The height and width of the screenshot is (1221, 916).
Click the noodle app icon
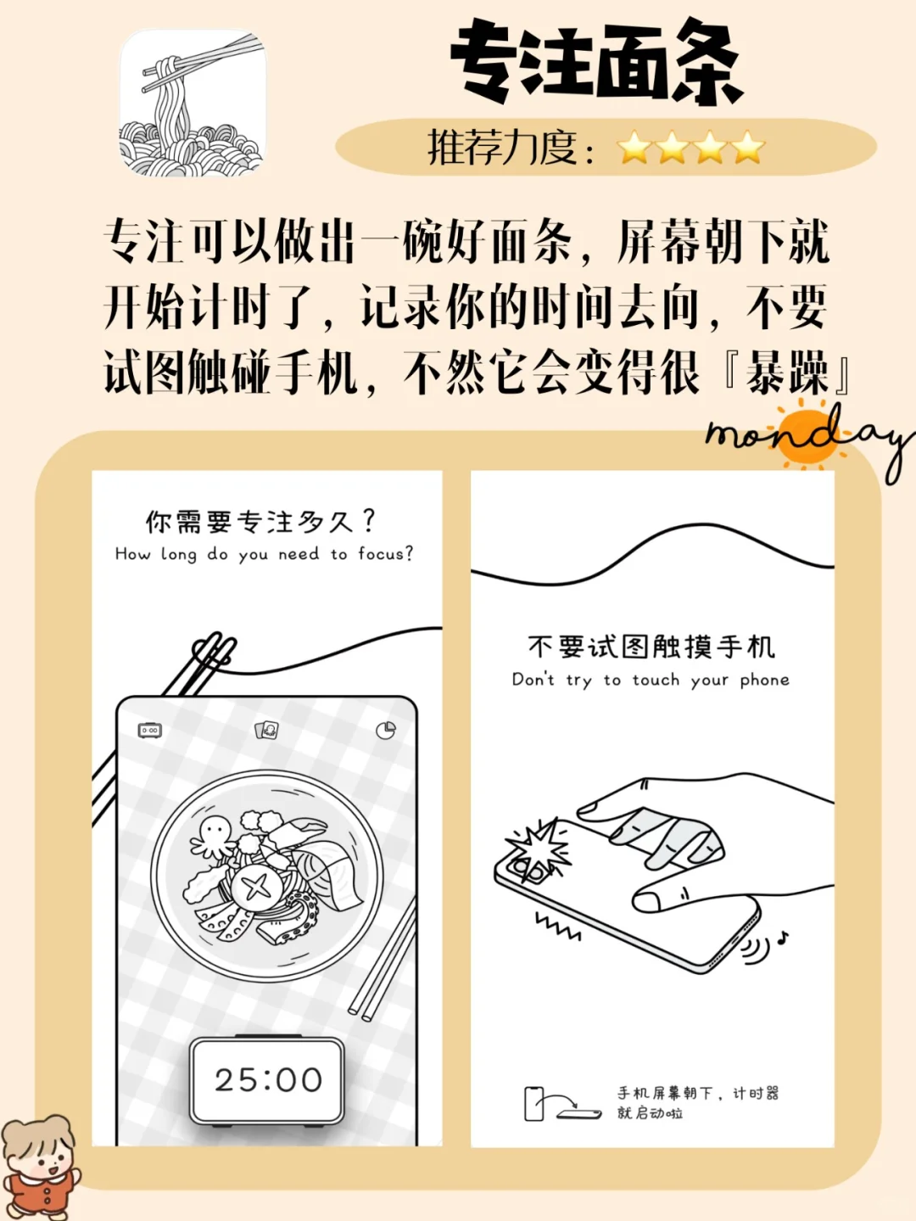(x=193, y=104)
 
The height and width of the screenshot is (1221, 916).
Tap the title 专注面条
(x=595, y=62)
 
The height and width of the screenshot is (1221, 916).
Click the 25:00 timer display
(x=268, y=1080)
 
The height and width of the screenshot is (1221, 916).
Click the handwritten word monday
(x=806, y=437)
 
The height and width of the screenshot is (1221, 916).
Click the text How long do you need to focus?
(x=265, y=554)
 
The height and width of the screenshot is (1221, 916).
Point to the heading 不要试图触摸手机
(x=651, y=647)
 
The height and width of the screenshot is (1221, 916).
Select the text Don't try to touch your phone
(x=651, y=680)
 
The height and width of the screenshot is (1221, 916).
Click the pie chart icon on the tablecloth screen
(x=386, y=730)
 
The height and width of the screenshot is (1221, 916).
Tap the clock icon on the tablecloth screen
(x=150, y=730)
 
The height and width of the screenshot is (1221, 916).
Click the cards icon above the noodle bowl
(x=267, y=729)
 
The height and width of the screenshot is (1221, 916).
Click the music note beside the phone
(x=783, y=938)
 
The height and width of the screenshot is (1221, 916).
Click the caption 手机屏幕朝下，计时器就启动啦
(x=697, y=1102)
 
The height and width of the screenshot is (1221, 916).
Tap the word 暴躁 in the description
(x=786, y=372)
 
